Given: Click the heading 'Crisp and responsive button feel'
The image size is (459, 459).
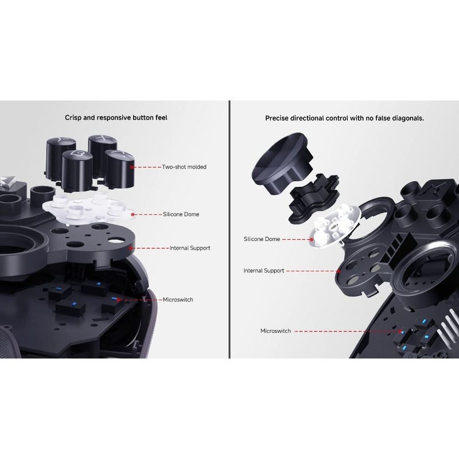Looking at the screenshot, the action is [x=116, y=118].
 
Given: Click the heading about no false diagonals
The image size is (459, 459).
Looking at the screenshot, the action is [x=345, y=118].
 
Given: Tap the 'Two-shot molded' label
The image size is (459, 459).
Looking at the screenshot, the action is [x=184, y=167].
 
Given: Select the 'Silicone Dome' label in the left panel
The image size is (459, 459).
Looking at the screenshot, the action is [x=181, y=214].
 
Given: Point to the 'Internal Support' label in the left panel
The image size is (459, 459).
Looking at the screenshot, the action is [x=190, y=248].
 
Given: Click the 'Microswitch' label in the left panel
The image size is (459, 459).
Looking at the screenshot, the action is [x=178, y=299].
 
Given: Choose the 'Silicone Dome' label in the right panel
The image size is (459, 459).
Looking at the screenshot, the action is [x=262, y=239].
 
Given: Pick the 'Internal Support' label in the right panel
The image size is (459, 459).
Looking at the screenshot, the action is [x=264, y=270].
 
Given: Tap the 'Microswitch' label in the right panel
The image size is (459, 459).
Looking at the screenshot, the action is [x=275, y=331].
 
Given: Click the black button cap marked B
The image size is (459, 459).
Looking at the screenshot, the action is [x=77, y=168].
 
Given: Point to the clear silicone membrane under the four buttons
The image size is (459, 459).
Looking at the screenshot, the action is [x=88, y=209].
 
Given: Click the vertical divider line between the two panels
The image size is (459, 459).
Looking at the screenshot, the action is [x=229, y=229].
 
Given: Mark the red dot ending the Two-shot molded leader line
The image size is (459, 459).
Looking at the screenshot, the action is [x=132, y=167].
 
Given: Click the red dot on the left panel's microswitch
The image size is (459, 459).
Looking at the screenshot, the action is [x=118, y=299].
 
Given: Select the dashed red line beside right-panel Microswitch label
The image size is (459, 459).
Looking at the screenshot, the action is [x=347, y=332].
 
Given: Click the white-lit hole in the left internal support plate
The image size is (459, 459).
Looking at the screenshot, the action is [x=115, y=241].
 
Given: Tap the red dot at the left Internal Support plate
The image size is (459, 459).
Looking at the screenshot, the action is [x=130, y=248].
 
